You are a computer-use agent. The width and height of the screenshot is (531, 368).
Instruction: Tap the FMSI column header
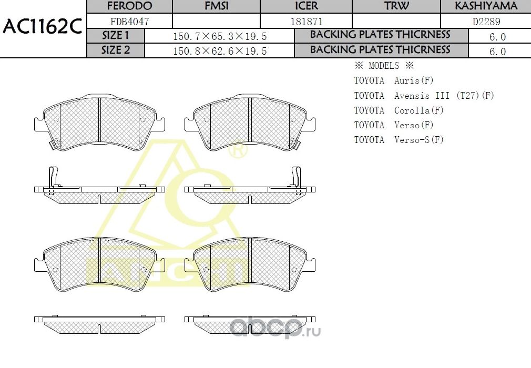point(216,6)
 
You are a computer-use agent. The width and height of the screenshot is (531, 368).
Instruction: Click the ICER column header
point(306,6)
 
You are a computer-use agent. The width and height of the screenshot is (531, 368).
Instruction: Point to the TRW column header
point(396,6)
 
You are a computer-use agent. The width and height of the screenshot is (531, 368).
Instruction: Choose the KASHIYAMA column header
point(486,6)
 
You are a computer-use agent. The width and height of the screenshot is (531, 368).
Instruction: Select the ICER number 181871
point(307,22)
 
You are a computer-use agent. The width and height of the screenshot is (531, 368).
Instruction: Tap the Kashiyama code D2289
point(486,22)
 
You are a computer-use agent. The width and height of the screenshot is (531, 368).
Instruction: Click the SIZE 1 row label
point(115,36)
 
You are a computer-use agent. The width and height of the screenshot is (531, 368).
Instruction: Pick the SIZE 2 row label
point(115,50)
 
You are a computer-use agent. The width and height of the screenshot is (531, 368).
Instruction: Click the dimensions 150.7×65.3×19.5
point(220,36)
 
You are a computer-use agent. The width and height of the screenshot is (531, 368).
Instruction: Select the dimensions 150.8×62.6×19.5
point(220,51)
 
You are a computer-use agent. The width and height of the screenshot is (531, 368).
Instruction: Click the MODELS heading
point(384,66)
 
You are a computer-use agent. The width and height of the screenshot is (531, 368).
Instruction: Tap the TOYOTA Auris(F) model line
point(394,81)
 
